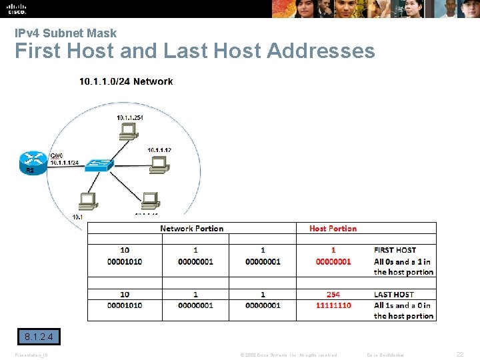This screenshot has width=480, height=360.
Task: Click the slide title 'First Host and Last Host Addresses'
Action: [x=195, y=51]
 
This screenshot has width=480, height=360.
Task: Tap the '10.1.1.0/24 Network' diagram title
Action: [x=126, y=81]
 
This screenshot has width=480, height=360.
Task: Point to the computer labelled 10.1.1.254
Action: [x=128, y=131]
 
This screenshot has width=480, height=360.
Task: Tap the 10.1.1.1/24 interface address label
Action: [x=65, y=162]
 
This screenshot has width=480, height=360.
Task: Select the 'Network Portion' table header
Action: [x=191, y=229]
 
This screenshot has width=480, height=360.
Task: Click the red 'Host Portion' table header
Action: [x=333, y=229]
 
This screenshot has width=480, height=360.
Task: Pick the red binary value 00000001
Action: [x=333, y=261]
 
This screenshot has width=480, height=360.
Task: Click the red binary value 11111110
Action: [x=333, y=305]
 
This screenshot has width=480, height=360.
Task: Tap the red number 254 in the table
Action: [x=333, y=294]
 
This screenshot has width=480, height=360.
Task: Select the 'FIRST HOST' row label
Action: [x=395, y=250]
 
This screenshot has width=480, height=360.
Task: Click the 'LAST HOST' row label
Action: [x=393, y=294]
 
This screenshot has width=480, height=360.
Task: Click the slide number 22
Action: [x=459, y=355]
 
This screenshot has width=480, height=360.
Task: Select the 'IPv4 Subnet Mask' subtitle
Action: [x=66, y=33]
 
